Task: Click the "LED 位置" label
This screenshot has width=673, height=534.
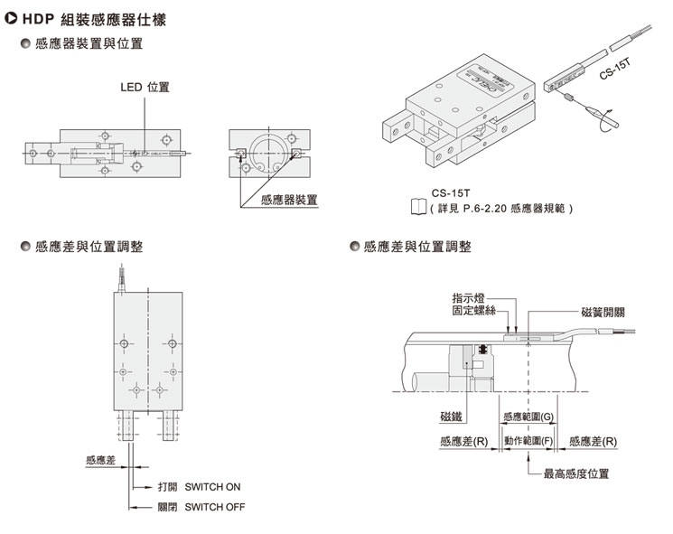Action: point(145,88)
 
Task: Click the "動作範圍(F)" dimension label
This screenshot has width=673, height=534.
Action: point(534,441)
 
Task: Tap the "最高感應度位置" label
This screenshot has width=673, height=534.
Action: point(575,473)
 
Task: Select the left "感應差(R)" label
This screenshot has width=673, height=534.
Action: point(464,441)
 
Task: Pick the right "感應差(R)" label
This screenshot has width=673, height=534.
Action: point(594,441)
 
